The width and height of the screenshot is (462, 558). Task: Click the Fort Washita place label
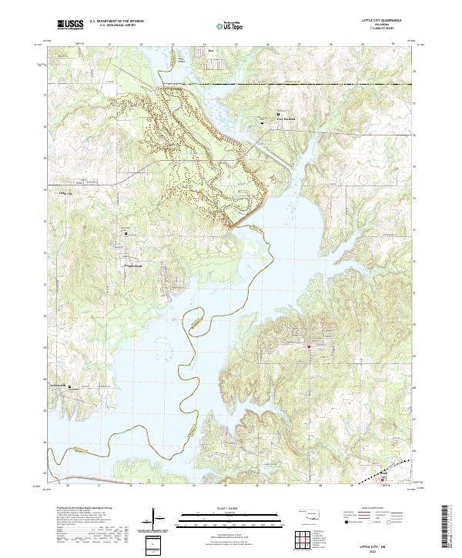[x=286, y=119]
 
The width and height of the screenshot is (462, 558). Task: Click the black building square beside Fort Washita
[x=279, y=113]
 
